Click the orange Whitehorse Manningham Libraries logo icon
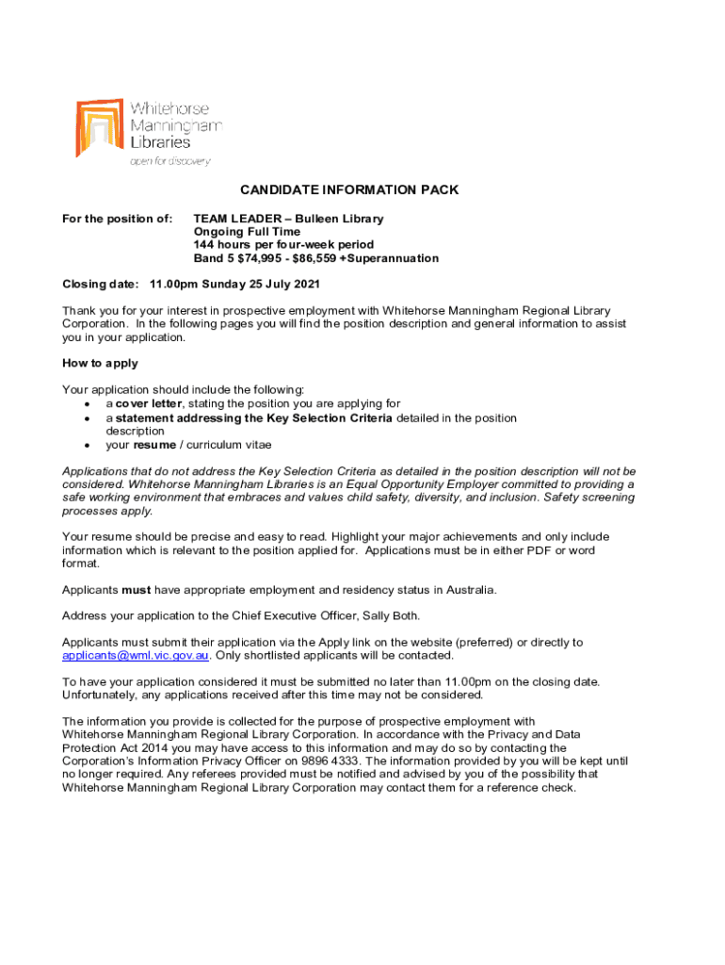pyautogui.click(x=98, y=126)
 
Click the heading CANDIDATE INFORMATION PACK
pyautogui.click(x=349, y=190)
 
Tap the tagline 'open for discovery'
pyautogui.click(x=169, y=162)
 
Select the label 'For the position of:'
pyautogui.click(x=117, y=219)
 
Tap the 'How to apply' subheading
pyautogui.click(x=100, y=363)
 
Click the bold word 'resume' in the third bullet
pyautogui.click(x=153, y=445)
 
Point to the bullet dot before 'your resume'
pyautogui.click(x=87, y=446)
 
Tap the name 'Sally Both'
pyautogui.click(x=408, y=616)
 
